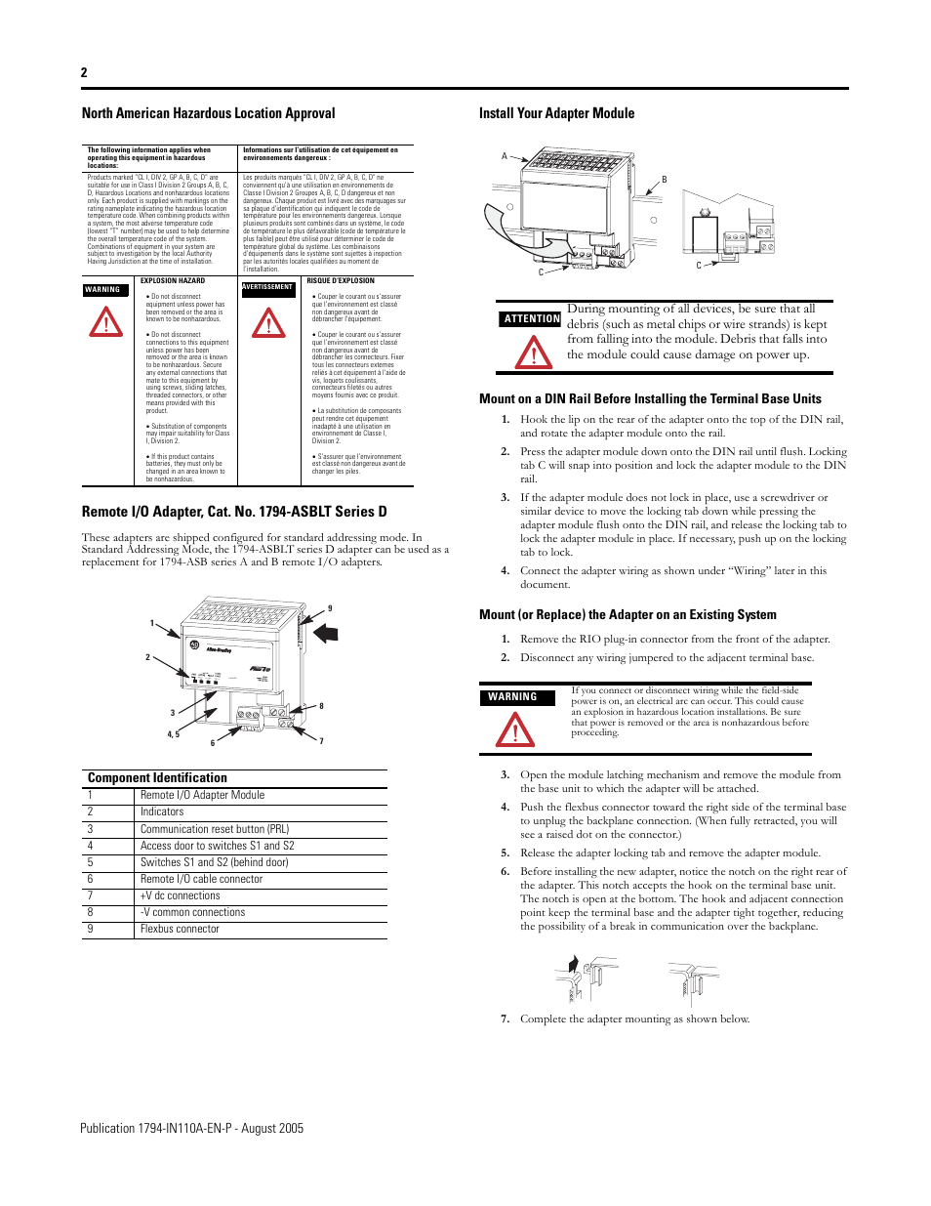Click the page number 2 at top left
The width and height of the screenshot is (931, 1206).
pyautogui.click(x=84, y=72)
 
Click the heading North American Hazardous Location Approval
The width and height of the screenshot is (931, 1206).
pyautogui.click(x=208, y=113)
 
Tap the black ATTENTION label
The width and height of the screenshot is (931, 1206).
pyautogui.click(x=532, y=318)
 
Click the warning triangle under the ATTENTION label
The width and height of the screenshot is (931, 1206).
pyautogui.click(x=534, y=352)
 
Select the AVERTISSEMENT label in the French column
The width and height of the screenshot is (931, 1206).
pyautogui.click(x=267, y=287)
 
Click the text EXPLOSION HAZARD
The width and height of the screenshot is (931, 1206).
pyautogui.click(x=173, y=280)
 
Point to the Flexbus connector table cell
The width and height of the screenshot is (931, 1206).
pyautogui.click(x=180, y=929)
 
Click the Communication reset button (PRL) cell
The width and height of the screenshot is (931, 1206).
pyautogui.click(x=215, y=828)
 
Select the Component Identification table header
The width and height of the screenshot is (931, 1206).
pyautogui.click(x=157, y=777)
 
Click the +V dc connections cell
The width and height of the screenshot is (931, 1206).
pyautogui.click(x=181, y=895)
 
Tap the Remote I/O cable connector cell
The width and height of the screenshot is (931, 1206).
pyautogui.click(x=201, y=879)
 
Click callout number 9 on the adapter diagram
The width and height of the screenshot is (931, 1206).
pyautogui.click(x=330, y=608)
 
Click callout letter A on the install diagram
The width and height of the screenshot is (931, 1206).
pyautogui.click(x=505, y=156)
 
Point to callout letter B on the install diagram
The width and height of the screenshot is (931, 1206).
pyautogui.click(x=664, y=180)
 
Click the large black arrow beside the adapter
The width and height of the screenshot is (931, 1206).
pyautogui.click(x=326, y=633)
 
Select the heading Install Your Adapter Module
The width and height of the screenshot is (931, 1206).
pyautogui.click(x=556, y=113)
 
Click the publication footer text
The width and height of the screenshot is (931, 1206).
pyautogui.click(x=191, y=1128)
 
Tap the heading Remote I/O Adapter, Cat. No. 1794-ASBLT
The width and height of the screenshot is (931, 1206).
pyautogui.click(x=234, y=512)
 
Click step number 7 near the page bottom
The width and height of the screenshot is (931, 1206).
pyautogui.click(x=505, y=1019)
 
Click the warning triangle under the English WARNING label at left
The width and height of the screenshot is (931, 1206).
pyautogui.click(x=106, y=322)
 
